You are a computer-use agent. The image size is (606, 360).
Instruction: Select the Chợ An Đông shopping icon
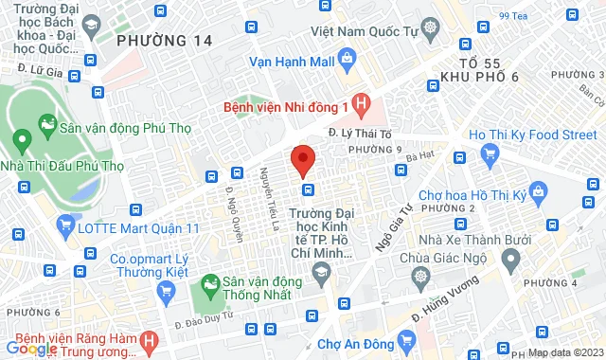[x=407, y=339]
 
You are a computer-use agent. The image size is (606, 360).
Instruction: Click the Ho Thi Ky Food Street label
[x=532, y=135]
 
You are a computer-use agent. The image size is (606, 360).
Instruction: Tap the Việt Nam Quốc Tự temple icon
[x=432, y=27]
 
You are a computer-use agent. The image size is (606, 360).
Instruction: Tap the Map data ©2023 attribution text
[x=565, y=352]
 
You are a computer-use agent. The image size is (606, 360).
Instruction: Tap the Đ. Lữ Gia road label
[x=40, y=70]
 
